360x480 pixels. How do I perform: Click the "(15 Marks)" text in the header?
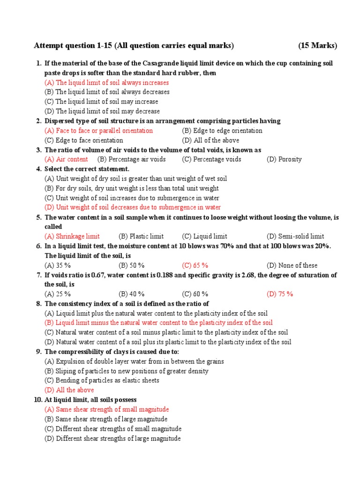point(317,45)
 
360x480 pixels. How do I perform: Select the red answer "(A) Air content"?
point(66,159)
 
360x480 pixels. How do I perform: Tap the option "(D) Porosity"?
point(284,159)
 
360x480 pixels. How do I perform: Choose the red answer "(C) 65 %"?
point(195,265)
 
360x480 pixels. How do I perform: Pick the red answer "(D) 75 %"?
point(280,294)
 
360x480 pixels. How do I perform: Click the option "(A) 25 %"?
point(58,294)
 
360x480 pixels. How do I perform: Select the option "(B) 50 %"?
point(132,265)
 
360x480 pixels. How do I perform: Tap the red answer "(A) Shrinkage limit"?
point(72,236)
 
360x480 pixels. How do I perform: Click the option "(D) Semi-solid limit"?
point(295,236)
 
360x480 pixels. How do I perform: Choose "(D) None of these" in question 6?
point(292,265)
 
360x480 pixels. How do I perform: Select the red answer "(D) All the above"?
point(69,390)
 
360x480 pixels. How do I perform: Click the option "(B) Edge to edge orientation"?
point(222,131)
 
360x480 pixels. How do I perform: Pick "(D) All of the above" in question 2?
point(210,140)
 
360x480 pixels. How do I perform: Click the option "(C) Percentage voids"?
point(212,159)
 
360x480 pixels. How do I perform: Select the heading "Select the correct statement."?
point(87,169)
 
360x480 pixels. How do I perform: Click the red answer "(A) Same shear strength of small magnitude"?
point(107,409)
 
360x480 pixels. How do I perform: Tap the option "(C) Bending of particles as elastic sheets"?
point(102,381)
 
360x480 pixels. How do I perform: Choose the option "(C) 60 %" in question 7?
point(195,294)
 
